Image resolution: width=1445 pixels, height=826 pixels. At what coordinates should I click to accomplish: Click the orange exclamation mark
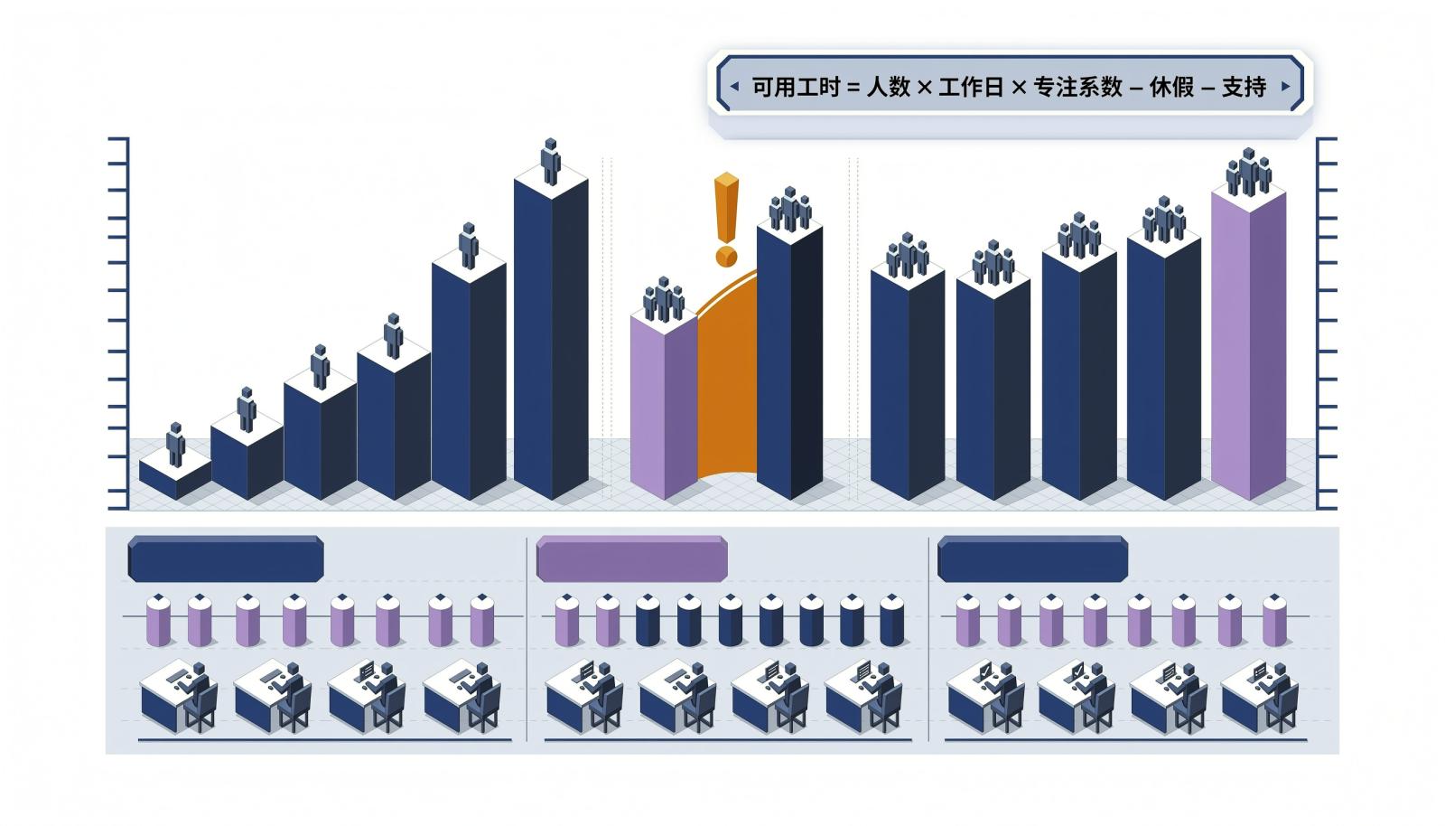click(x=726, y=220)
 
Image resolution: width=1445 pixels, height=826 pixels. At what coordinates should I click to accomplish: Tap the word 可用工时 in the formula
click(x=796, y=87)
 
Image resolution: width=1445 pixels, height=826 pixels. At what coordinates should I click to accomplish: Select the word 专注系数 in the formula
click(x=1078, y=87)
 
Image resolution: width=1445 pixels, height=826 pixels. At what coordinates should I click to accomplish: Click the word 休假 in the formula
click(x=1171, y=87)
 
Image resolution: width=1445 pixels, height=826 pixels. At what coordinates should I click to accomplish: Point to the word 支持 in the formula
click(x=1245, y=87)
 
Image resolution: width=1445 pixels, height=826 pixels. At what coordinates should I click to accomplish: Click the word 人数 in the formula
click(x=889, y=87)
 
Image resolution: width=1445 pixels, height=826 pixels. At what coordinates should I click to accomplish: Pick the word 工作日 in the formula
click(x=971, y=87)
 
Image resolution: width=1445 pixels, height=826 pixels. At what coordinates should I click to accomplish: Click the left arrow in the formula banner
click(x=734, y=86)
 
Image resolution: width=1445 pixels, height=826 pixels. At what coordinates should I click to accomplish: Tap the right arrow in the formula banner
click(x=1286, y=86)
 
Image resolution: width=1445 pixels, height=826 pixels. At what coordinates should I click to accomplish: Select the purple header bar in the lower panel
click(x=631, y=558)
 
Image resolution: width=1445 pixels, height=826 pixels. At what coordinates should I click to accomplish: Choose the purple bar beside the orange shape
click(x=664, y=400)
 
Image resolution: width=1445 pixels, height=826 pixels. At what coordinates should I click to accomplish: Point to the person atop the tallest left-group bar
click(x=550, y=162)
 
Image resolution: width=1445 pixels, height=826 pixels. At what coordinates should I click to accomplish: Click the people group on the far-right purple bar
click(x=1249, y=172)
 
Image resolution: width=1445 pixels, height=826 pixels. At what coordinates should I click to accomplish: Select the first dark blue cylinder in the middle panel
click(x=648, y=620)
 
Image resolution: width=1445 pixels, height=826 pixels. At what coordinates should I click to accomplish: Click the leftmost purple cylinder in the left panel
click(x=159, y=620)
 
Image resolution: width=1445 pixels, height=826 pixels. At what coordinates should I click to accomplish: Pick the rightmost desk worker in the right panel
click(x=1260, y=696)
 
